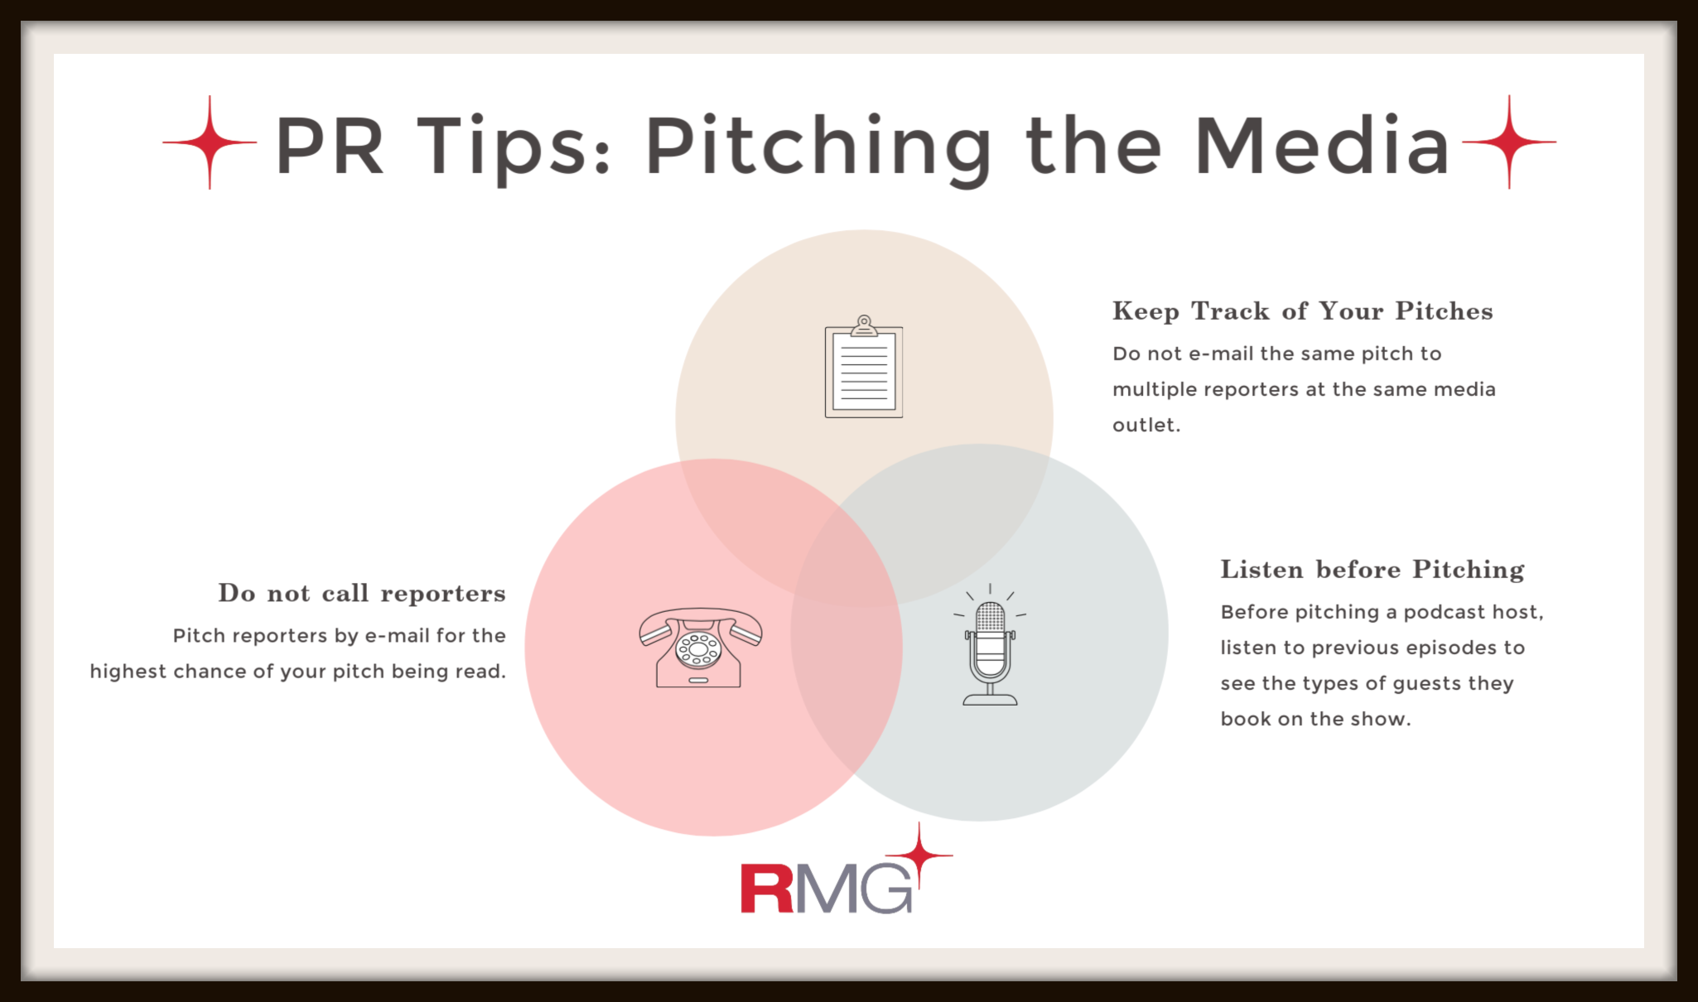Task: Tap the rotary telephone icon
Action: coord(700,648)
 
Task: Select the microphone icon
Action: coord(990,645)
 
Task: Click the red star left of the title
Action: coord(210,142)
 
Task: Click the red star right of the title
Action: coord(1509,142)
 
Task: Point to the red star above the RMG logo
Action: coord(919,855)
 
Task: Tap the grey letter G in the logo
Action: coord(888,889)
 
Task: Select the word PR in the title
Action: coord(330,146)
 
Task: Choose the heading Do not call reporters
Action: coord(362,593)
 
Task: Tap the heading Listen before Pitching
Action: coord(1372,570)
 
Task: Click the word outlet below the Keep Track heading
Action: coord(1146,425)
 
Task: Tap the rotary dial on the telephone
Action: coord(698,650)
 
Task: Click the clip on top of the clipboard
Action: coord(864,325)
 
